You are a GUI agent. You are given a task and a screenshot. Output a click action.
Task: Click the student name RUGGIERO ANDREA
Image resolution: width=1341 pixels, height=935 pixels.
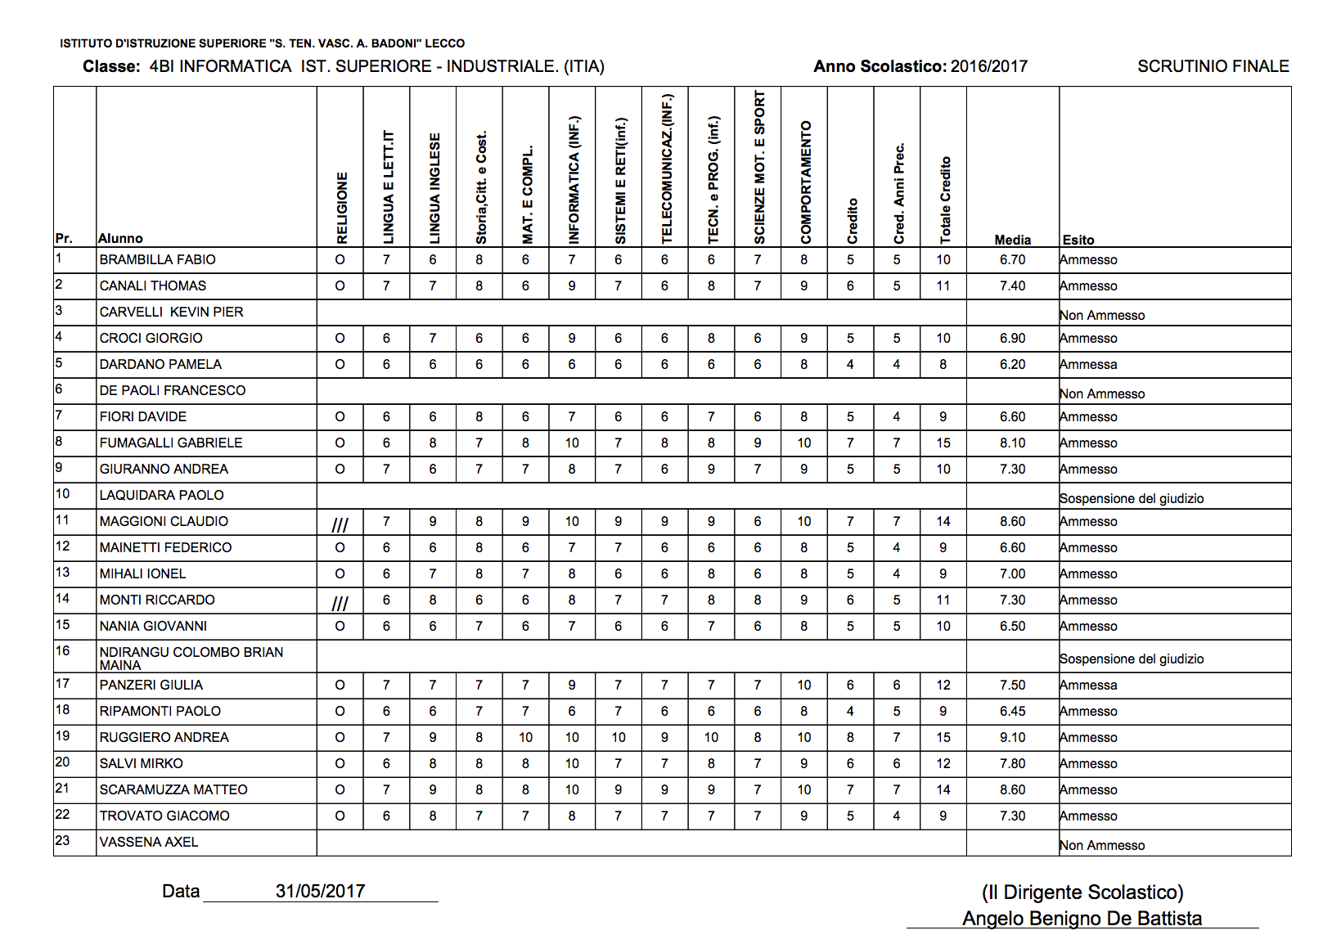[164, 737]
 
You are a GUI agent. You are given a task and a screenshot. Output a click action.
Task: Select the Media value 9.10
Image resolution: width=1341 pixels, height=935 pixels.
[1012, 737]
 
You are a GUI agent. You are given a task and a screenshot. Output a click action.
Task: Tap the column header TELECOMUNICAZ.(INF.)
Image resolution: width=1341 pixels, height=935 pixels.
[666, 169]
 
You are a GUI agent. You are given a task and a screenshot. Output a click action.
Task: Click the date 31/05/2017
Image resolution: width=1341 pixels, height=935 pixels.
[320, 891]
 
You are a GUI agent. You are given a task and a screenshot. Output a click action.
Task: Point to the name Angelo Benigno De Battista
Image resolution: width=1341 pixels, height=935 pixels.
[1082, 919]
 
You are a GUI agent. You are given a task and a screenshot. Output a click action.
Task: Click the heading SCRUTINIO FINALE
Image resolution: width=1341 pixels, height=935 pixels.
[1213, 66]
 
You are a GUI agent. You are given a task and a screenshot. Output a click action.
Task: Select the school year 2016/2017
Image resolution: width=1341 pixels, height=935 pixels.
[989, 66]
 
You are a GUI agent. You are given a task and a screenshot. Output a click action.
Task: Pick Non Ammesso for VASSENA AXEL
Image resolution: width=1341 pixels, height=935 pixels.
[1102, 845]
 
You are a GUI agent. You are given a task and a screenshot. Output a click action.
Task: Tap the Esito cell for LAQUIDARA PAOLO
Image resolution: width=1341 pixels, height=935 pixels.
[1132, 498]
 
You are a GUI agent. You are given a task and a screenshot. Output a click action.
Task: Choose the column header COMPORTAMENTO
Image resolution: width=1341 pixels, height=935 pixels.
[806, 182]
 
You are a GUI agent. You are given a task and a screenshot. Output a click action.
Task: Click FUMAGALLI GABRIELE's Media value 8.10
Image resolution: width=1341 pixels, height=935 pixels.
[1012, 443]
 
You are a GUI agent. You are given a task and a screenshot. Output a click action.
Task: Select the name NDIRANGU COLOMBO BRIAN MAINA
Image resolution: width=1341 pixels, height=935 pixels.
[191, 658]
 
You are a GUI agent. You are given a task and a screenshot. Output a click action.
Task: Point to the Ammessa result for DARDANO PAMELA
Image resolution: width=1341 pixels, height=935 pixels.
[1088, 364]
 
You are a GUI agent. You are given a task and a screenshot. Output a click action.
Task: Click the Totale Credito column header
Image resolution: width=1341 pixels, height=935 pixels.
[945, 200]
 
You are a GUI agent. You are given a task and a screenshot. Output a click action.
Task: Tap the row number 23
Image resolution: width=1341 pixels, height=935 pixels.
[62, 840]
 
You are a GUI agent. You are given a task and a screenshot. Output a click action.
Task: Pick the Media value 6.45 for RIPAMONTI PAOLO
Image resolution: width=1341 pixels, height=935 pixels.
[1012, 711]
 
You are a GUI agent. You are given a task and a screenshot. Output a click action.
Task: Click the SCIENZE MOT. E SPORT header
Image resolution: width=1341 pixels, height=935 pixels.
[759, 167]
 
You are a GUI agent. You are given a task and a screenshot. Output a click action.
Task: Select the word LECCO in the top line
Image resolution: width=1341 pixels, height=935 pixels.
[444, 43]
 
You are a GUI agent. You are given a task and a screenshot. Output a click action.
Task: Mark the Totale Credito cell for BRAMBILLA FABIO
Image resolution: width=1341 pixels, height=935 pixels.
[943, 259]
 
